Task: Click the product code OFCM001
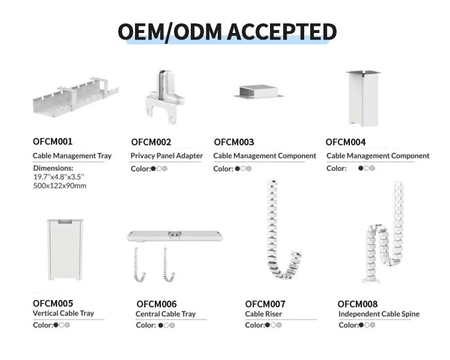[52, 142]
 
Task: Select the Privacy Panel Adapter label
[167, 156]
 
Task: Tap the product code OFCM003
[233, 142]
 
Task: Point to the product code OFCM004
[346, 142]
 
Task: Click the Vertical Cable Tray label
[63, 313]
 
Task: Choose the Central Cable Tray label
[166, 314]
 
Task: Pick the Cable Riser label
[263, 314]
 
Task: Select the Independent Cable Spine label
[379, 314]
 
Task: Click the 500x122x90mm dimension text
[59, 185]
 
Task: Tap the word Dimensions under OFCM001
[53, 168]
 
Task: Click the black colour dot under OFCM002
[154, 169]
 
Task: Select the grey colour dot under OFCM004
[372, 169]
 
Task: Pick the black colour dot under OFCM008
[361, 325]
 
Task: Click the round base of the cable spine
[374, 278]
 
